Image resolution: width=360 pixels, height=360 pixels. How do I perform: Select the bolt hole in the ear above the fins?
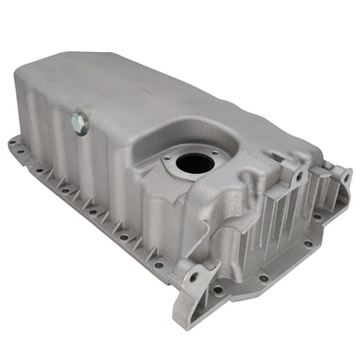click(x=298, y=177)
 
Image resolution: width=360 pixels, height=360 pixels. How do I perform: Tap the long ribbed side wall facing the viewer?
click(x=121, y=182)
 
